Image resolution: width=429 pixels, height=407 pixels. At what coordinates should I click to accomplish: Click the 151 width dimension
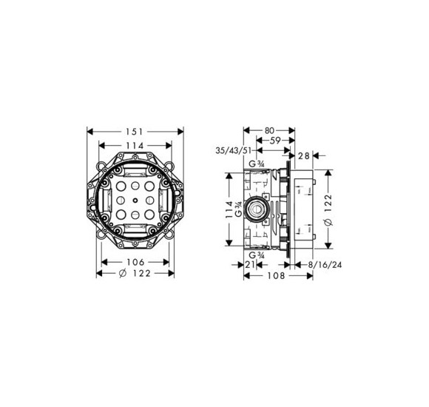(x=135, y=132)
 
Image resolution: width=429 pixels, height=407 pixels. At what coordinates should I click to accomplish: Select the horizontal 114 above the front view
(x=135, y=146)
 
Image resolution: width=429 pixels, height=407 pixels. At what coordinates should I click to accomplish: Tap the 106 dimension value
(x=135, y=262)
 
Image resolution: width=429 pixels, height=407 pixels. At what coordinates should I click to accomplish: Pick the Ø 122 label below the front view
(x=135, y=273)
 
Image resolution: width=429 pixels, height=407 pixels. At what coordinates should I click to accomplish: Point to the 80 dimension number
(x=269, y=130)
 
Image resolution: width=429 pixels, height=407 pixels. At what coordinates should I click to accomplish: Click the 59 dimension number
(x=275, y=141)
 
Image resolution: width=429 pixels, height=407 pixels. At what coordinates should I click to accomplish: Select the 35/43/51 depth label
(x=233, y=150)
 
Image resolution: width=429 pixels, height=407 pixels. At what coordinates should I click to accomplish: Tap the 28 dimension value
(x=304, y=155)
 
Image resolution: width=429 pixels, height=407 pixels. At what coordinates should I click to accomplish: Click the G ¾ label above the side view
(x=257, y=164)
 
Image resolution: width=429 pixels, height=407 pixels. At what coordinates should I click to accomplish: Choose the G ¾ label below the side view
(x=257, y=255)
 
